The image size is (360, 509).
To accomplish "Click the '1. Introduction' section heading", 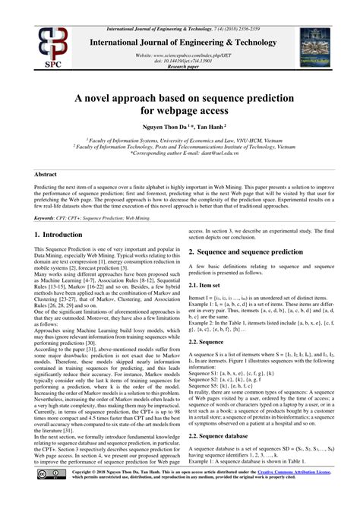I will coord(65,236).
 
